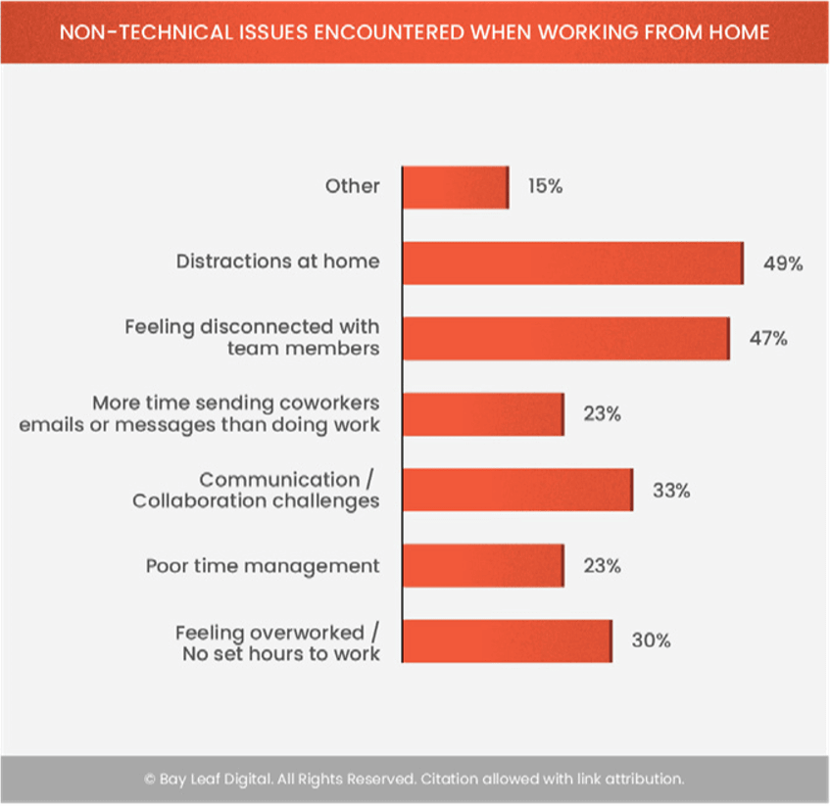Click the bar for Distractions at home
coord(572,263)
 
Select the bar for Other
coord(456,187)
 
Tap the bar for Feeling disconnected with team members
coord(565,338)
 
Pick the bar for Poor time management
coord(483,566)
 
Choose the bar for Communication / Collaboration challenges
coord(517,490)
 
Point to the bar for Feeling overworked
coord(507,641)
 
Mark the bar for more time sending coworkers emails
coord(483,414)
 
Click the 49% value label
coord(783,263)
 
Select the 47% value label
coord(769,339)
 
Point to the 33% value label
coord(671,491)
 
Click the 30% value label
coord(651,641)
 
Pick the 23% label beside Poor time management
coord(602,566)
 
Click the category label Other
coord(353,186)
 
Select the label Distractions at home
coord(277,262)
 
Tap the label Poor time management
coord(263,566)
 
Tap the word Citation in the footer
coord(448,780)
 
